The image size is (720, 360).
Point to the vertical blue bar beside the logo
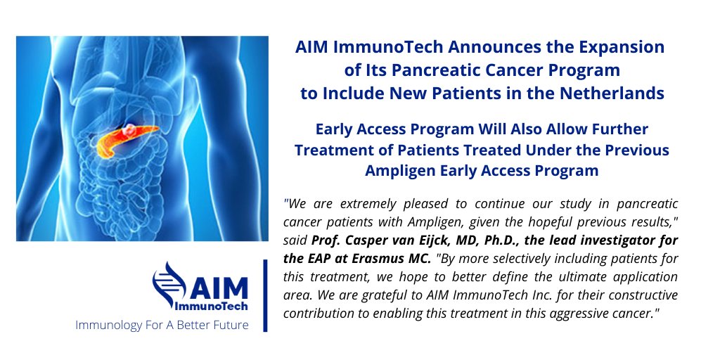(266, 295)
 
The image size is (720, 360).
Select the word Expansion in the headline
(626, 48)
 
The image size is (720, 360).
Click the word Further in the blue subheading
(622, 130)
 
